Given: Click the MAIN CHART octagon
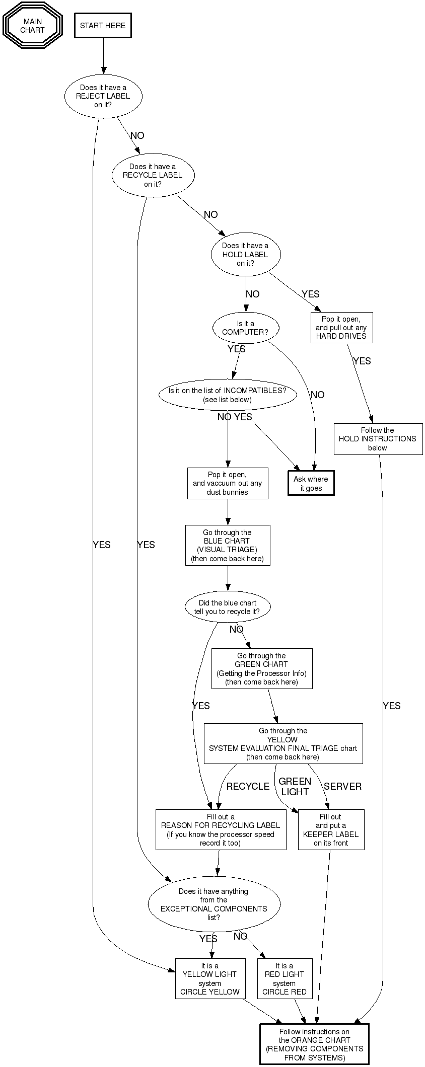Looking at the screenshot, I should pos(33,26).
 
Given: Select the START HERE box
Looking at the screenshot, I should pos(103,26).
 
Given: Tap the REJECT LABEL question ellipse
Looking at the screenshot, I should pos(103,96).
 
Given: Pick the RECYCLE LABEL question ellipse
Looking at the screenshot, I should pos(153,175).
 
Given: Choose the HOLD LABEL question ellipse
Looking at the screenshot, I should pos(245,254).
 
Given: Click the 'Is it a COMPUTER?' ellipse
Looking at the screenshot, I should pos(245,328).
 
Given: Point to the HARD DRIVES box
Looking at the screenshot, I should pos(341,328).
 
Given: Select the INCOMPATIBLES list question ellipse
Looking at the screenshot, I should pos(228,395).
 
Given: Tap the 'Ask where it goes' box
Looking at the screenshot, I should pos(311,484).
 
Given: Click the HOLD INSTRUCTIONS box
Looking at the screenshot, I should pos(378,439).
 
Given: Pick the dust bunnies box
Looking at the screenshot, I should pos(228,484).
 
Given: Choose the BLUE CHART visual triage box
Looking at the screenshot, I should pos(228,546).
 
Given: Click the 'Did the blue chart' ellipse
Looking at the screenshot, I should pos(228,607).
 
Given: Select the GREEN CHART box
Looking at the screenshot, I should pos(262,668).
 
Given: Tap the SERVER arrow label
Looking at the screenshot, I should pos(342,786).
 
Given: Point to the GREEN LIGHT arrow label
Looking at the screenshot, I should pos(295,786).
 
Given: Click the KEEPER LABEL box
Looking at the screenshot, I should pos(331,829).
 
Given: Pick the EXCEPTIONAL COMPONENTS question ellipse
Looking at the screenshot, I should pos(214,904).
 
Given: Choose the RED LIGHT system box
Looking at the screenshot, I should pos(285,978).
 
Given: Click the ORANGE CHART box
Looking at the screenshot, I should pos(315,1044).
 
